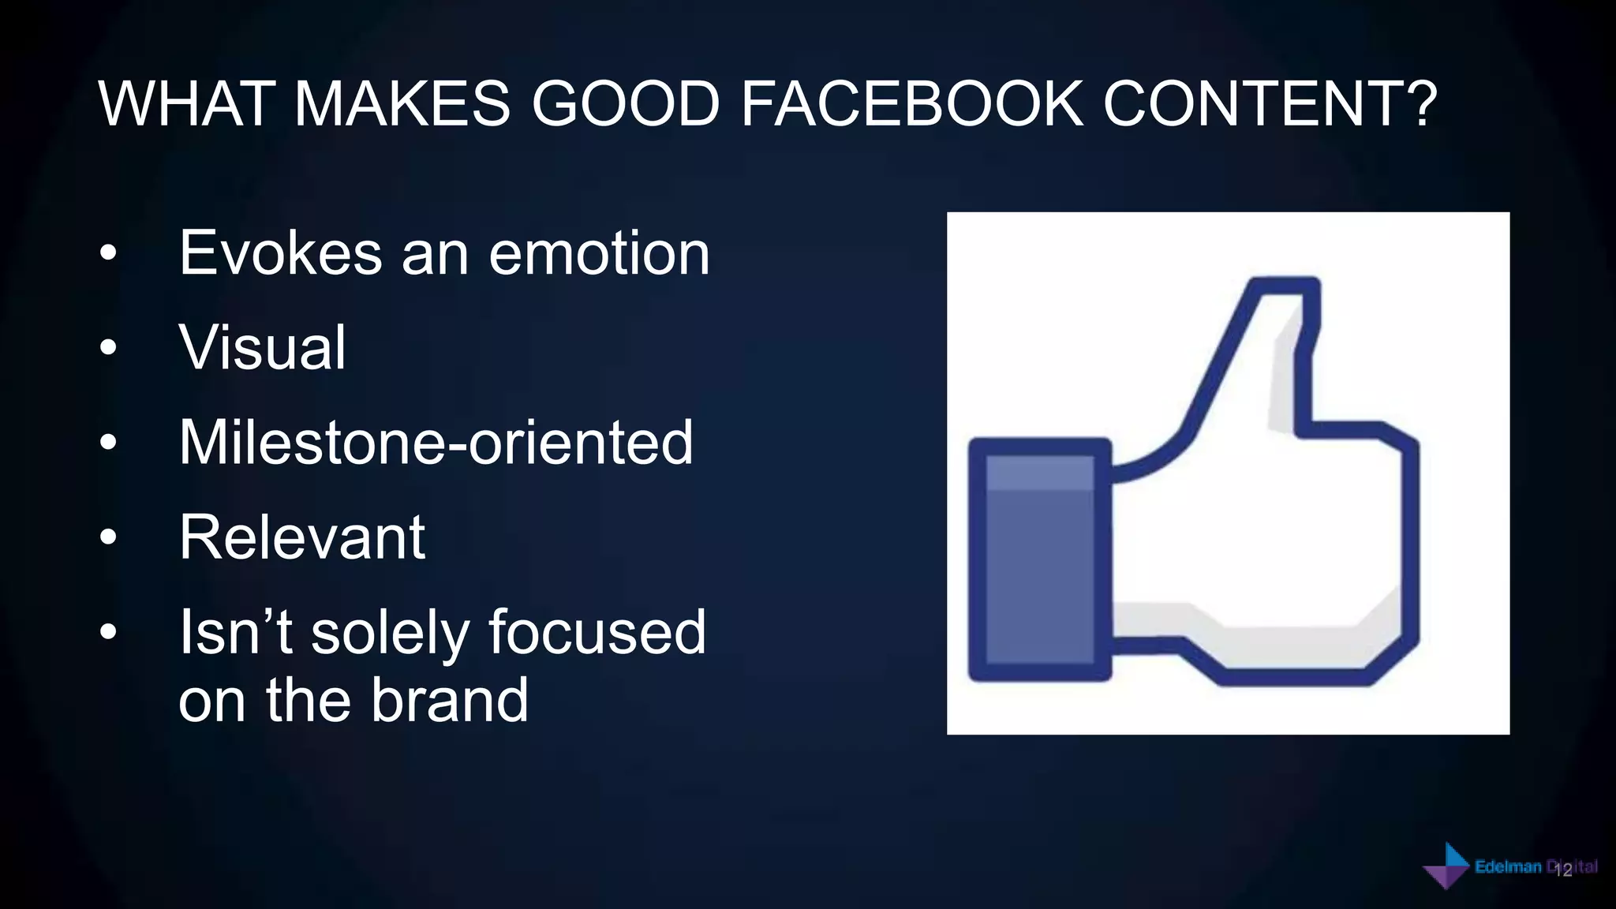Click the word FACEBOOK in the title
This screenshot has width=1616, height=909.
tap(911, 103)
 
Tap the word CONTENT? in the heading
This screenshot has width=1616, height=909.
tap(1270, 103)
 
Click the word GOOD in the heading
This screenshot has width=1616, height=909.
tap(626, 103)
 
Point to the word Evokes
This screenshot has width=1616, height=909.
tap(281, 253)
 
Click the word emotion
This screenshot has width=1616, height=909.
tap(600, 253)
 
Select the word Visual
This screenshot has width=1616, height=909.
tap(262, 348)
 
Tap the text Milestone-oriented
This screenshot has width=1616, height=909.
tap(436, 443)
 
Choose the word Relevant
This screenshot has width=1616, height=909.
tap(301, 537)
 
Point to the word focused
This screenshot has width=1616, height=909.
tap(597, 632)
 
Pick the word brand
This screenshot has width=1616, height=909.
tap(449, 700)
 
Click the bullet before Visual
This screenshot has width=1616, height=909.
tap(109, 348)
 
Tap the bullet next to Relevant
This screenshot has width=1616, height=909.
tap(109, 538)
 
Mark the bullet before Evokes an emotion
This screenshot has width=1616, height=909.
tap(109, 254)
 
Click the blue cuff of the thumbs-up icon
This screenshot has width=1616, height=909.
tap(1039, 559)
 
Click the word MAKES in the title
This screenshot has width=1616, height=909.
tap(402, 103)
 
